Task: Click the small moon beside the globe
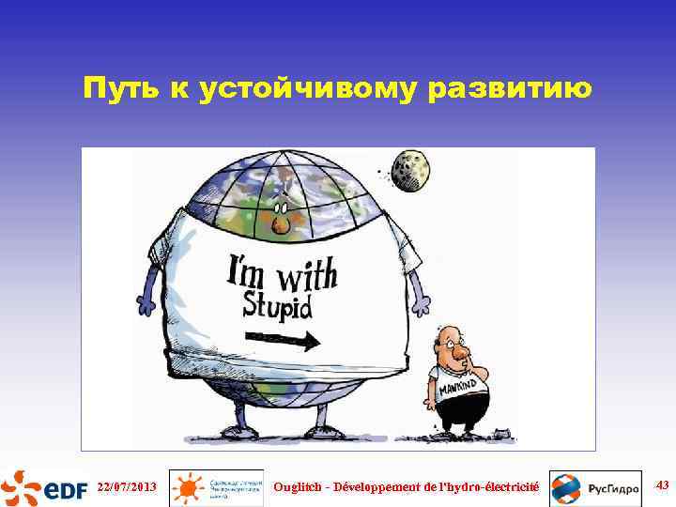coord(409,170)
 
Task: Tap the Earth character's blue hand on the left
coord(146,304)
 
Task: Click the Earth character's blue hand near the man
coord(423,302)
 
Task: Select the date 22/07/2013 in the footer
coord(126,486)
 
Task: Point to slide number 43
coord(661,484)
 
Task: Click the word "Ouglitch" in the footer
coord(300,486)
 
